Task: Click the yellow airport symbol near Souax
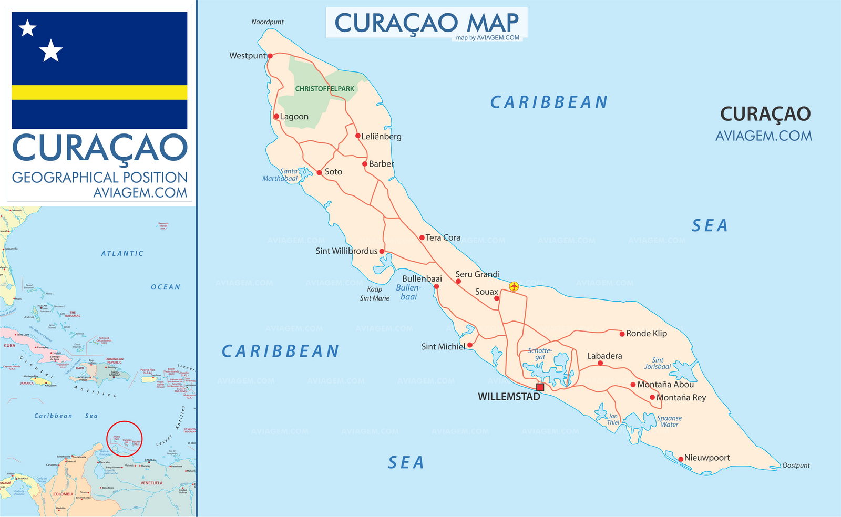[x=514, y=286]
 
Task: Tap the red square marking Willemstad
[x=540, y=387]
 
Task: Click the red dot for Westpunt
[x=270, y=56]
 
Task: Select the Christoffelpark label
[x=324, y=89]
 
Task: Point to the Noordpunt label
[x=267, y=22]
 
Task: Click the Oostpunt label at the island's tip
[x=796, y=466]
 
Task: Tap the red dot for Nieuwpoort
[x=680, y=459]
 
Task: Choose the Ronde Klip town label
[x=646, y=334]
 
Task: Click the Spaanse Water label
[x=669, y=421]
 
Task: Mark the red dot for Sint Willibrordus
[x=382, y=251]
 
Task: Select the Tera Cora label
[x=443, y=238]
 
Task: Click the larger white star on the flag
[x=51, y=50]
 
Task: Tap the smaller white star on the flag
[x=27, y=28]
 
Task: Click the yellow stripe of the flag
[x=99, y=92]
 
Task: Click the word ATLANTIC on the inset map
[x=122, y=253]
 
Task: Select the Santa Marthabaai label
[x=281, y=175]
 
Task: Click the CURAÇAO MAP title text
[x=426, y=23]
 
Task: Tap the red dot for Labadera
[x=600, y=363]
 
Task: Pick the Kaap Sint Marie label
[x=374, y=294]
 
